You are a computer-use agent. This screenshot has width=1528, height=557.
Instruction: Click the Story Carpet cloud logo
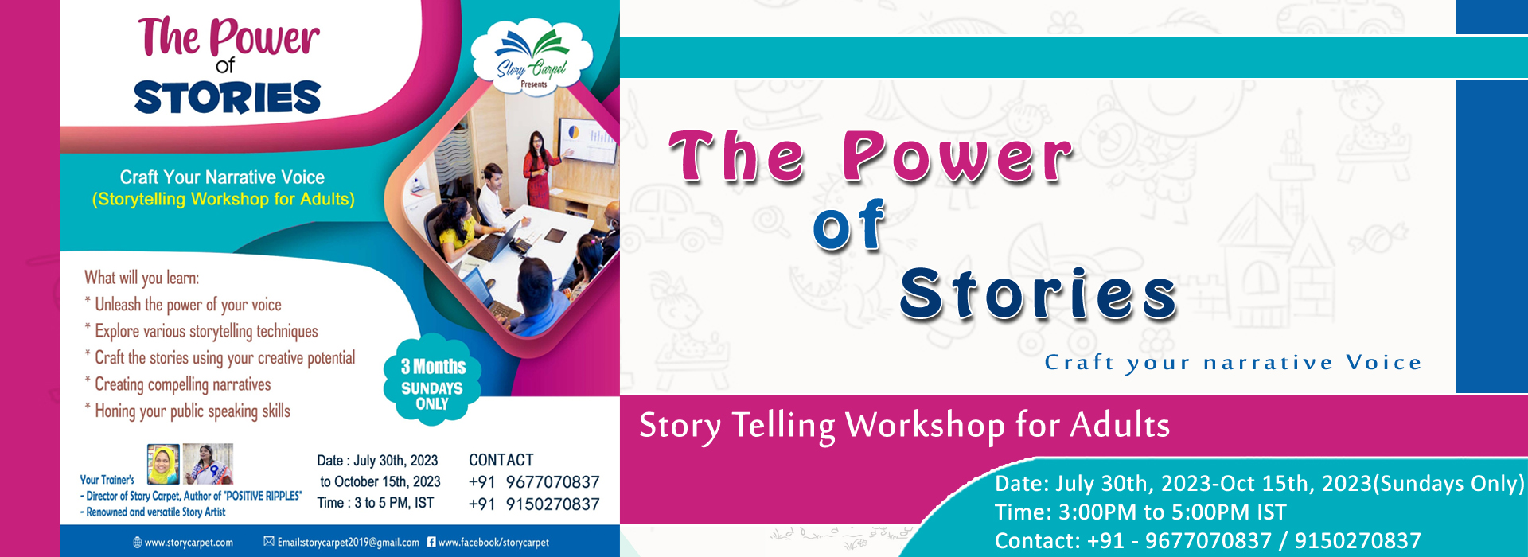532,56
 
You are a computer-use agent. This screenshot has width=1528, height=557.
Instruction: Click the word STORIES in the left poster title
228,97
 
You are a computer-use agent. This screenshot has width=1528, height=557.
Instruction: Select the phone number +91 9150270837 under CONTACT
534,504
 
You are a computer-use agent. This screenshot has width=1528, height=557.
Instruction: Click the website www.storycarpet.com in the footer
183,543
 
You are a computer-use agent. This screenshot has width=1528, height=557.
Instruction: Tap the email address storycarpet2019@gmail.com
341,543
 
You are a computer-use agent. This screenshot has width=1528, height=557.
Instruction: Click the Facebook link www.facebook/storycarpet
488,543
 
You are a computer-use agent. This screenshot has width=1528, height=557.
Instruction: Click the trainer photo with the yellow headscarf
163,464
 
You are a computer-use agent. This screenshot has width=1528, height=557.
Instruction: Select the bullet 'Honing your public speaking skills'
188,411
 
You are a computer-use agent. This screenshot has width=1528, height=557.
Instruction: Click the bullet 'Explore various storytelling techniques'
201,331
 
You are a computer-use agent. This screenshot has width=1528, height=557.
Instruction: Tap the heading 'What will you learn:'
142,278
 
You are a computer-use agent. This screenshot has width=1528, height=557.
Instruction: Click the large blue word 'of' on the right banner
849,225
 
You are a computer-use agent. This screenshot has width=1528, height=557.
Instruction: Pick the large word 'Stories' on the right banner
1039,294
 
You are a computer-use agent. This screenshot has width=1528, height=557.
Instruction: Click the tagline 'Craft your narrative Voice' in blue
1233,363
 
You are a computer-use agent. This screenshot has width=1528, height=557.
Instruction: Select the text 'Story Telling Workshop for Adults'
905,426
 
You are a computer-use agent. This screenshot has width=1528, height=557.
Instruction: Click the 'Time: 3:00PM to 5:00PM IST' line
1140,512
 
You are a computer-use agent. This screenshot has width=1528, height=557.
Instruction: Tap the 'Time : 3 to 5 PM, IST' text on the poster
376,503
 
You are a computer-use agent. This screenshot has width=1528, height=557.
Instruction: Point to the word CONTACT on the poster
501,460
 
